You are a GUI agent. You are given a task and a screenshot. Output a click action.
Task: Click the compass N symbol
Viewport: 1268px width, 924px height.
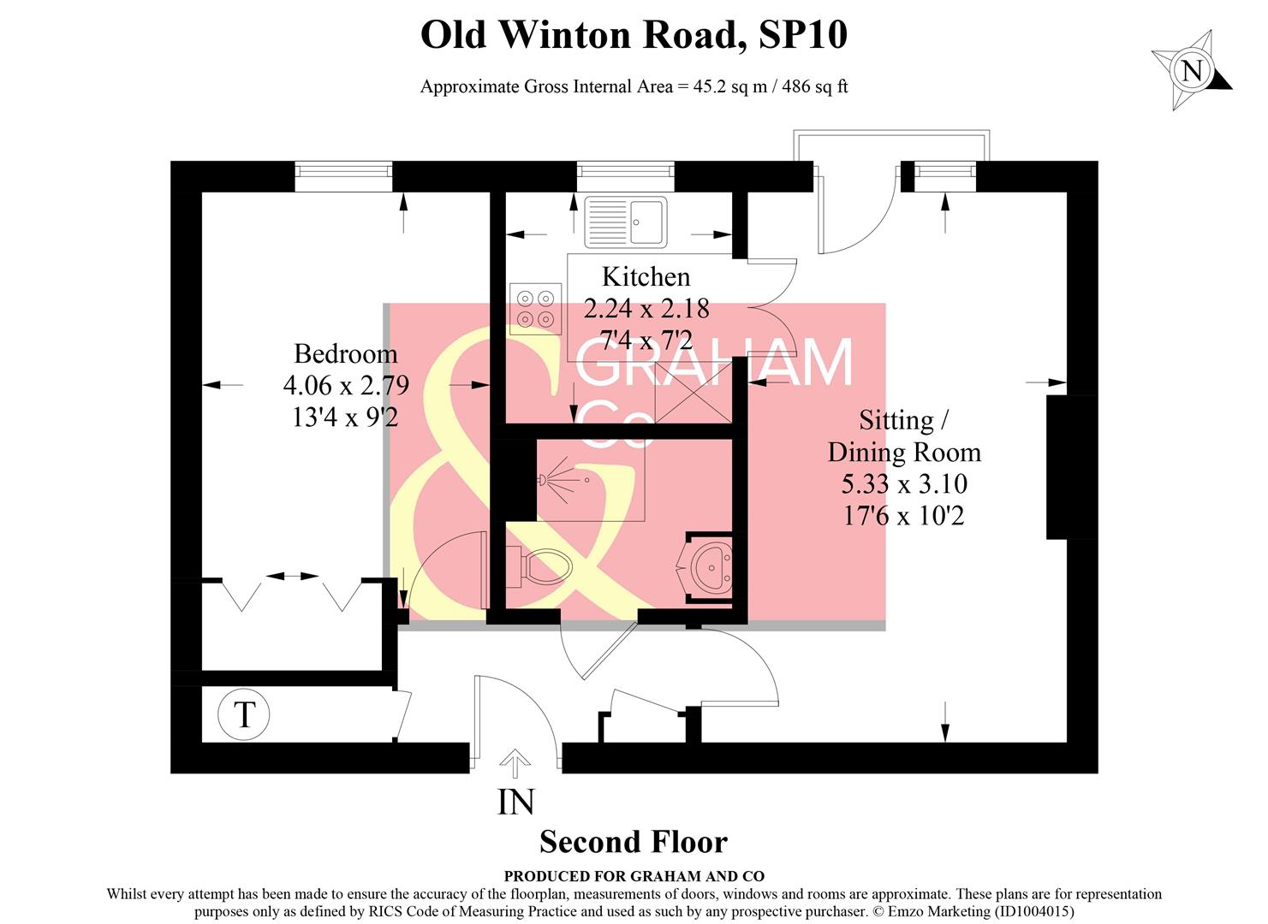[x=1191, y=70]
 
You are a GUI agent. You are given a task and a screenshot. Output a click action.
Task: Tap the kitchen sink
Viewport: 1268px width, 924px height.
[x=625, y=222]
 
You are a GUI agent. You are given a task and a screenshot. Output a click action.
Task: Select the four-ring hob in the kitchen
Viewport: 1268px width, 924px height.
[x=535, y=308]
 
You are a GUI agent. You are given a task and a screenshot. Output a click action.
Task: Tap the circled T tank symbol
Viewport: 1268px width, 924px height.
[x=244, y=714]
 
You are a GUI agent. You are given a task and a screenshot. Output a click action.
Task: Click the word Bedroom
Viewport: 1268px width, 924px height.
[x=345, y=353]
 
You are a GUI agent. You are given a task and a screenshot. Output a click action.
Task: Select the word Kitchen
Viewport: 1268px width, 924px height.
[x=646, y=276]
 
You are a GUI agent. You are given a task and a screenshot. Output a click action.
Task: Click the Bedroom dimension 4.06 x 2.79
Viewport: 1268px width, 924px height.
[x=346, y=385]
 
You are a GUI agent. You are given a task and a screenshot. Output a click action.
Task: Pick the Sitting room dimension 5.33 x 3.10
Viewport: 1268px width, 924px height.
[x=904, y=483]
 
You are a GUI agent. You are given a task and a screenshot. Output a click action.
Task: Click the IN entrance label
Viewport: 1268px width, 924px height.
[x=515, y=802]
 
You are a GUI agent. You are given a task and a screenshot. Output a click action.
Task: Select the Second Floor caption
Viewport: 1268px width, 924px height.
[x=633, y=842]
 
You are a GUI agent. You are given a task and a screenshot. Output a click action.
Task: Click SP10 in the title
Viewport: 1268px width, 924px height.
[x=803, y=34]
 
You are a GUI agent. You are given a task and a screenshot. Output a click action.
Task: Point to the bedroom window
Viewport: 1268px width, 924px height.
[x=343, y=175]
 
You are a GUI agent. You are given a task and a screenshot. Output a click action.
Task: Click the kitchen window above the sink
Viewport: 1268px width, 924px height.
[x=625, y=175]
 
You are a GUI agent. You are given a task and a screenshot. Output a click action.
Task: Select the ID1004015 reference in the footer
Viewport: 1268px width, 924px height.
[x=1032, y=912]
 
